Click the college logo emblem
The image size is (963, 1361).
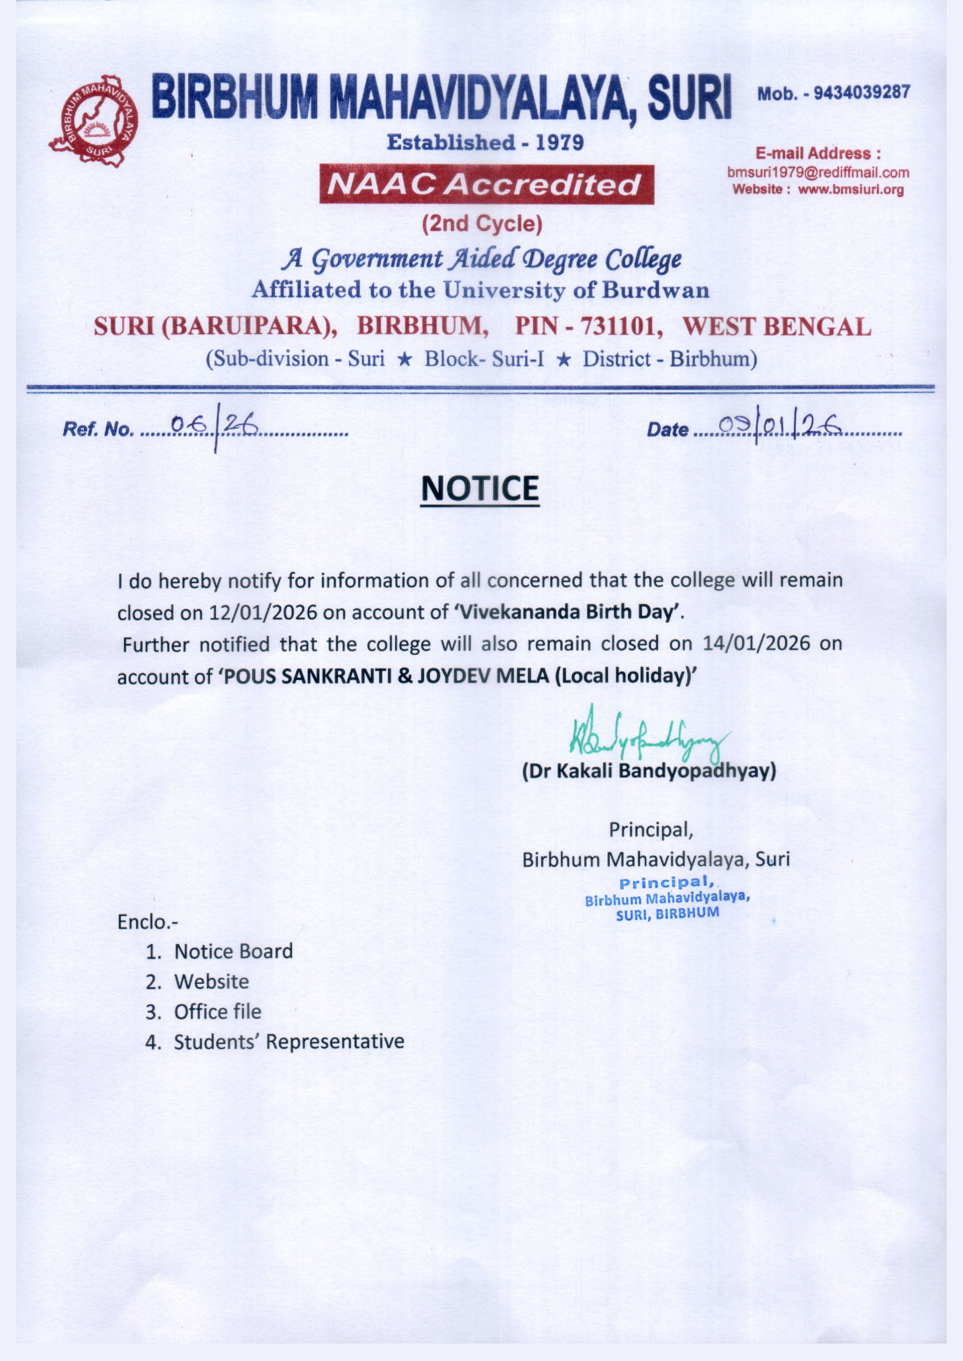pos(93,120)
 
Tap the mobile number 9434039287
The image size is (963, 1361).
pos(861,93)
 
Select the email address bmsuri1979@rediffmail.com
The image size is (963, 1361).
pos(818,173)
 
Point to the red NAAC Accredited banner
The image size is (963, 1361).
pos(486,185)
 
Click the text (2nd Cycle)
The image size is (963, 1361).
pos(482,224)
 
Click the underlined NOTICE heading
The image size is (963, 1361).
pos(479,488)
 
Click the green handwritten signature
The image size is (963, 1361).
pos(646,736)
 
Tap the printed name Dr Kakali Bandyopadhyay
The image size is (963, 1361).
pos(649,771)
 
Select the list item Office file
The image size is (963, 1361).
pos(217,1012)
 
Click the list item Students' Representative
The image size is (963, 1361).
pos(289,1041)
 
